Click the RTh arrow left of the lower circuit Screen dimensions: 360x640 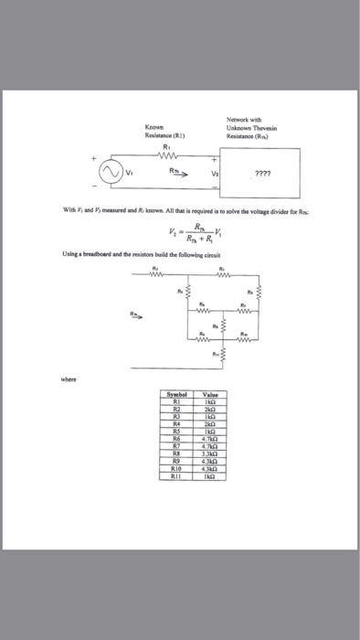click(139, 313)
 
